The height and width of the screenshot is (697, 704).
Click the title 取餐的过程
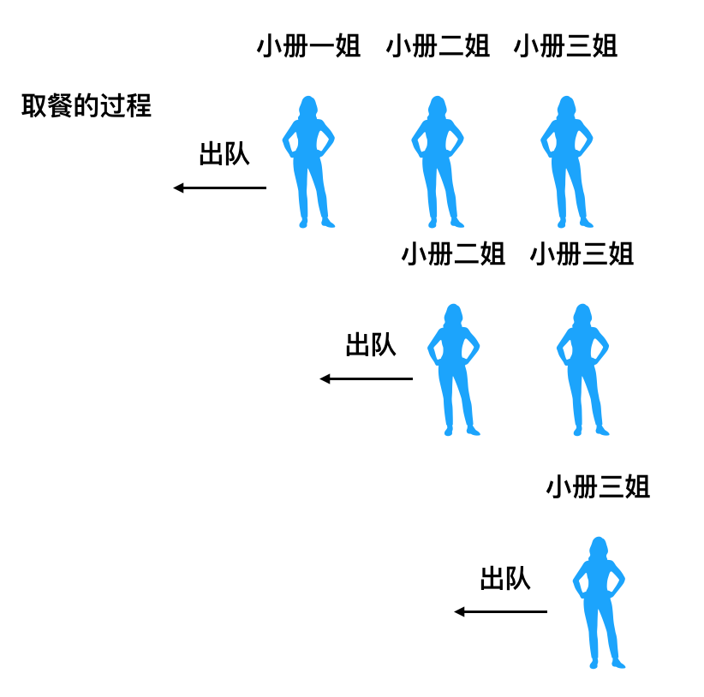[x=87, y=106]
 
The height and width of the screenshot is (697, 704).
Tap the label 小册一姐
[x=308, y=45]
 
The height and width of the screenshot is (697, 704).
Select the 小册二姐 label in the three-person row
[x=438, y=45]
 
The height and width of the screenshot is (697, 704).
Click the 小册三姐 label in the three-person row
[x=565, y=45]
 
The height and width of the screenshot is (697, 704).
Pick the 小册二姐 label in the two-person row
[x=453, y=254]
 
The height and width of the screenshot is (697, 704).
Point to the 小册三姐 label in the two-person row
[x=582, y=254]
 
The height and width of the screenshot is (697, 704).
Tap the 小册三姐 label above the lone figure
[x=598, y=487]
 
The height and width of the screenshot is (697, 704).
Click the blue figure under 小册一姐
[x=309, y=163]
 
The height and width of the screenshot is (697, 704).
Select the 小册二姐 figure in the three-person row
[x=438, y=163]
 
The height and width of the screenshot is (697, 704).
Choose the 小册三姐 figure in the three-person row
[x=566, y=163]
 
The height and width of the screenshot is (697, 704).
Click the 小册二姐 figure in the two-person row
[x=454, y=371]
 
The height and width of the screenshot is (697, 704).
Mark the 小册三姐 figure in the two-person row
[x=582, y=371]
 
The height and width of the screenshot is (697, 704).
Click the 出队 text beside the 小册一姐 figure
[x=224, y=154]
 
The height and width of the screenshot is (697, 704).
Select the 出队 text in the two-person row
[x=371, y=345]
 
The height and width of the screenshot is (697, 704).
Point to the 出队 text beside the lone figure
[x=505, y=579]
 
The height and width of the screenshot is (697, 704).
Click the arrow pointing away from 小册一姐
[x=220, y=188]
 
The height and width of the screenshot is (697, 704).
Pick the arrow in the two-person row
[x=367, y=378]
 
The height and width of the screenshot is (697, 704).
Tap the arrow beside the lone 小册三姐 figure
[x=501, y=611]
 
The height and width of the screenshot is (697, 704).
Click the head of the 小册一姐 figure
[x=309, y=106]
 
